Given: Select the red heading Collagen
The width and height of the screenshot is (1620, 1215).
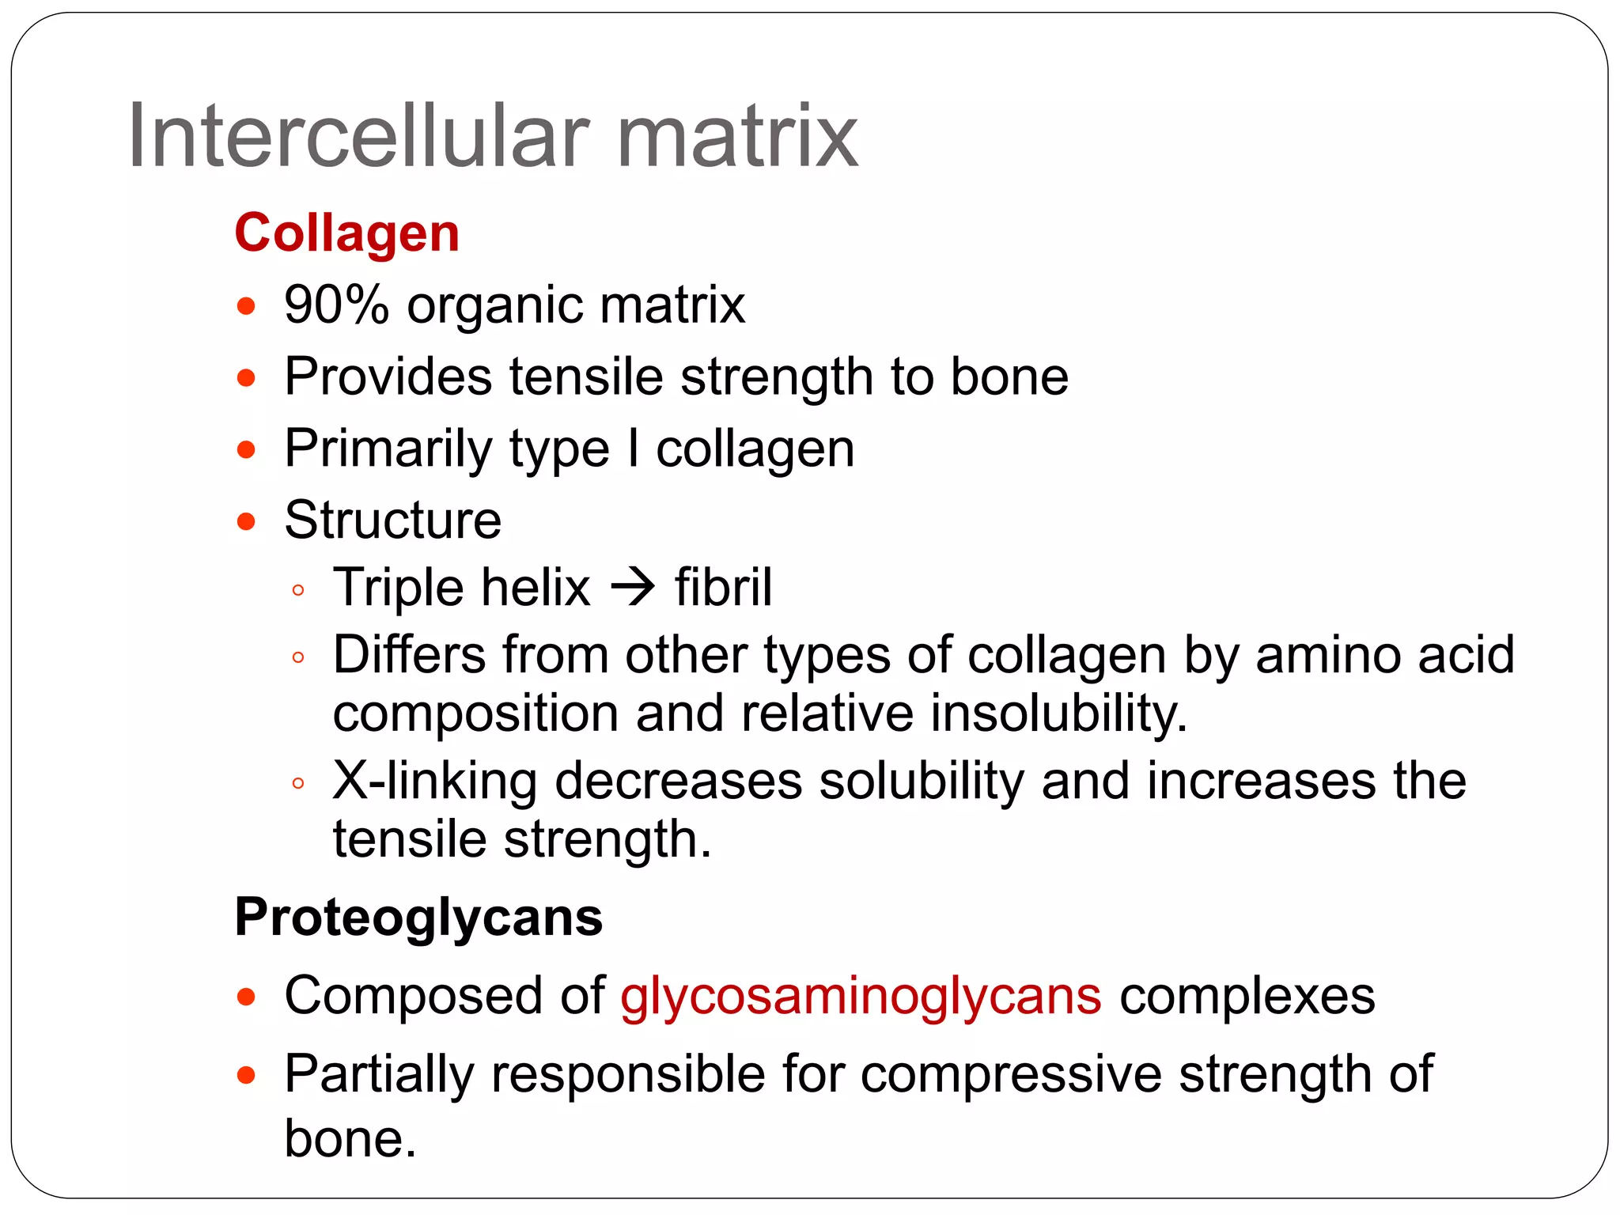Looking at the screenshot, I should pos(346,233).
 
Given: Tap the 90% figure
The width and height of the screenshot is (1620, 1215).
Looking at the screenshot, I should pos(336,305).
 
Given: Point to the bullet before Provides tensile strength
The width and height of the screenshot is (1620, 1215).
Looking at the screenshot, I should pos(246,378).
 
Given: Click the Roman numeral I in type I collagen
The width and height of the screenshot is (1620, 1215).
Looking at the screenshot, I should pos(632,449).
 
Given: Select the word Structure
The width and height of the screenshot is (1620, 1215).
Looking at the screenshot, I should pos(392,520).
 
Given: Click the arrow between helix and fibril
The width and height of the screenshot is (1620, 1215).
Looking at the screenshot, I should pos(633,588).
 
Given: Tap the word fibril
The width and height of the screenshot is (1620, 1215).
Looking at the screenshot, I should pos(723,588).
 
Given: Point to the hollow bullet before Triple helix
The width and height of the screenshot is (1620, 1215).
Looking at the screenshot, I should pos(298,590).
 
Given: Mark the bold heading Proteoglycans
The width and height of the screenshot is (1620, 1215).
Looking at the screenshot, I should pos(418,918).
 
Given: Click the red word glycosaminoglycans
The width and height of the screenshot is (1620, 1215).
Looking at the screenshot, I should pos(861,996).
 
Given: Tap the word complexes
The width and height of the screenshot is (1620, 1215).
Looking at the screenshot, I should pos(1247,996).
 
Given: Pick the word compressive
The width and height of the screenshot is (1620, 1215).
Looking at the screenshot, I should pos(1011,1074).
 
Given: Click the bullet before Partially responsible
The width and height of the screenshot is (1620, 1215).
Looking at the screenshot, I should pos(246,1076).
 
